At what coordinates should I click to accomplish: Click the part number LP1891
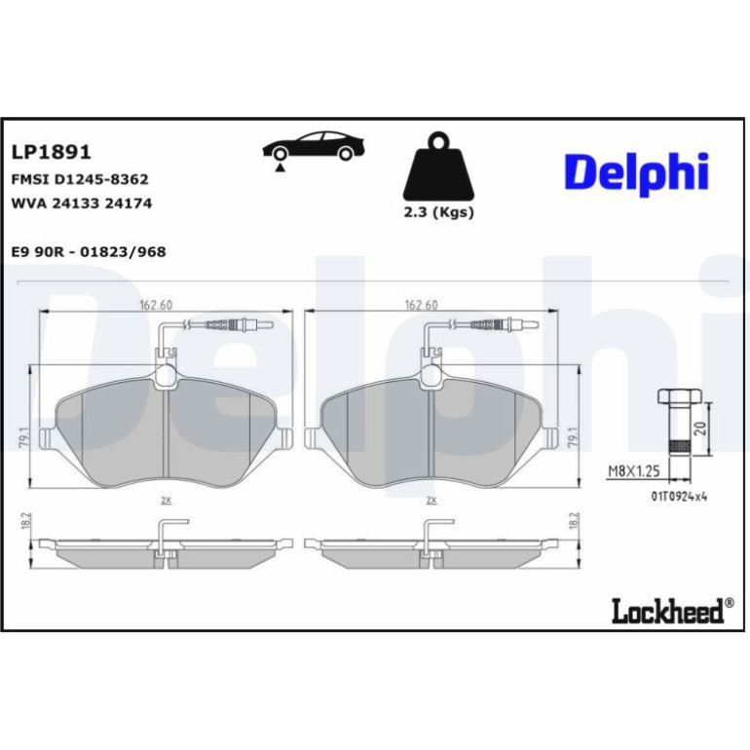pos(51,152)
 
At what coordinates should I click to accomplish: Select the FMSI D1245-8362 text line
pos(80,179)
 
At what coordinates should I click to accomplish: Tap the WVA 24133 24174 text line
pos(81,204)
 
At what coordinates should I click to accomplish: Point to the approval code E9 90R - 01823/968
pos(89,251)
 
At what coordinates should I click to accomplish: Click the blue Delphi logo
pos(636,173)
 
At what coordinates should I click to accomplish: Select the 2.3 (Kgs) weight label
pos(438,212)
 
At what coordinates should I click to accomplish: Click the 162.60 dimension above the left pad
pos(156,305)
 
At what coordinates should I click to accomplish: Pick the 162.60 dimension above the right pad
pos(421,305)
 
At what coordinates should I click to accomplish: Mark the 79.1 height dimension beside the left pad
pos(25,437)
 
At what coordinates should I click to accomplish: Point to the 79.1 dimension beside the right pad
pos(575,437)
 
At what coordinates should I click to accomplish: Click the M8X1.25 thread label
pos(634,471)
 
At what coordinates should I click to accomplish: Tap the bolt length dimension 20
pos(701,429)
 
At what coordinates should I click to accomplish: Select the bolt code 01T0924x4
pos(679,497)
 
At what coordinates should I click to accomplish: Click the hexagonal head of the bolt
pos(679,396)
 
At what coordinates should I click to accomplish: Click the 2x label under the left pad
pos(166,501)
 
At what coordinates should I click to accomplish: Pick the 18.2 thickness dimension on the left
pos(26,520)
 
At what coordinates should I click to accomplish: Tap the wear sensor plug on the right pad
pos(507,325)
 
